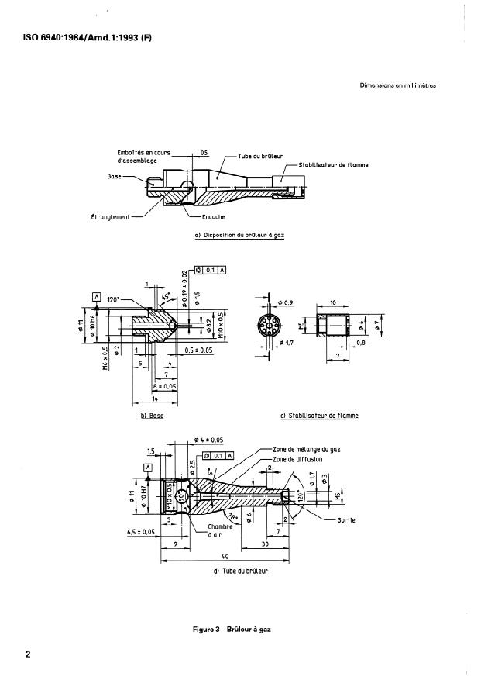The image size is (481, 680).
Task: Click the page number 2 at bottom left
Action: point(28,654)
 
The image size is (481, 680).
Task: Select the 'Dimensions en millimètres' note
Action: point(398,86)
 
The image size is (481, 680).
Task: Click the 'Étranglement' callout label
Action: point(111,216)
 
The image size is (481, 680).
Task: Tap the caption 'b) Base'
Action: point(152,416)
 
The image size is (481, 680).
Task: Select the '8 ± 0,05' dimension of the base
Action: point(164,385)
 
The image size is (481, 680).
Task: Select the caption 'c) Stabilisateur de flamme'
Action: point(319,416)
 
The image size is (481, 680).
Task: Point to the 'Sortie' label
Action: point(345,519)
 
